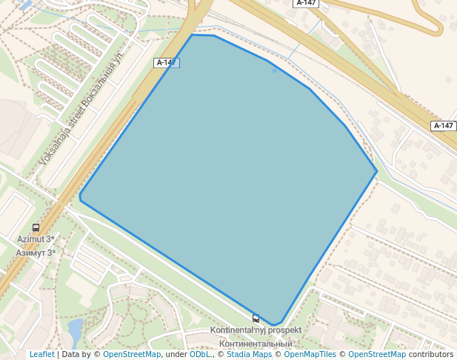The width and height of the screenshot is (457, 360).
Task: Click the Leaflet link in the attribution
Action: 41,355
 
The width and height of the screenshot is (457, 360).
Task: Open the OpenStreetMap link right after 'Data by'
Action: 132,355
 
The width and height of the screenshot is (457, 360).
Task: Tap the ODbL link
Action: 200,355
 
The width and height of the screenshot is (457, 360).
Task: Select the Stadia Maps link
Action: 249,355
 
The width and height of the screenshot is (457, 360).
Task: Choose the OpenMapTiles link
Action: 310,355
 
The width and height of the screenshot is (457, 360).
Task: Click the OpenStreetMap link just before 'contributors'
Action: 377,355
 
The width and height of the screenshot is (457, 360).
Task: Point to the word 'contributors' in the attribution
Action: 430,355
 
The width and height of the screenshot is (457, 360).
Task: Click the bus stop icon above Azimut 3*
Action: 36,228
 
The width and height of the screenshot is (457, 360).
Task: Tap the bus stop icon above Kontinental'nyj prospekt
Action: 256,319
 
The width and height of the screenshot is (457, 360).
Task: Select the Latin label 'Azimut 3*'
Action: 36,239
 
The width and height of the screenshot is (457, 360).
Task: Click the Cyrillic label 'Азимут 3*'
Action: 36,253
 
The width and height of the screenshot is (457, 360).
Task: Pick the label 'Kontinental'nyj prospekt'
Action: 256,330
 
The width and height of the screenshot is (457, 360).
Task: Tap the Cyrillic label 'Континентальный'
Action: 256,344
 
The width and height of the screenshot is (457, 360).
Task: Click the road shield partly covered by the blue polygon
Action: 166,63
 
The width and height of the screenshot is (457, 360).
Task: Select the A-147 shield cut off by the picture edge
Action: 307,3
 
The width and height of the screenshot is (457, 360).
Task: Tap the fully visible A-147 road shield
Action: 443,126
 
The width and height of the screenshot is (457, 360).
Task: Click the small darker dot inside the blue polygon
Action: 274,70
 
